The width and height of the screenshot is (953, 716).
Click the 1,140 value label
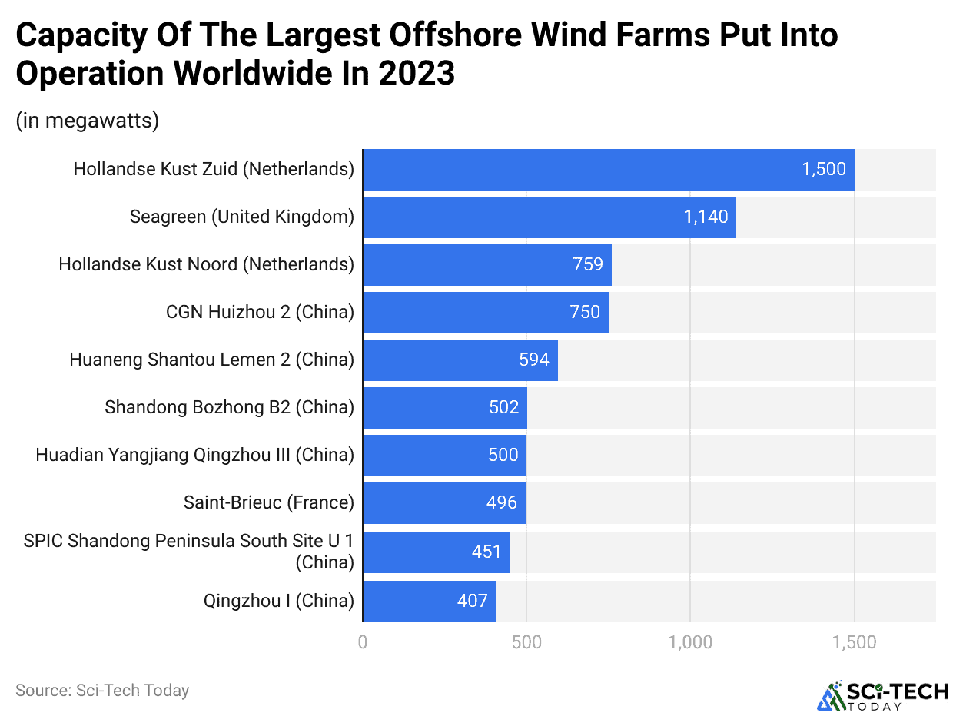706,217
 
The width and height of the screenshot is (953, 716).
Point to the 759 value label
588,265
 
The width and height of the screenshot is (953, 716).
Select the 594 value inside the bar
533,360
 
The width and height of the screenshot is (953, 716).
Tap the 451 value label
486,552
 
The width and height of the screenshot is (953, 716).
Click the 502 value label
504,408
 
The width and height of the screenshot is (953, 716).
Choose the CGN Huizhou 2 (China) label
260,312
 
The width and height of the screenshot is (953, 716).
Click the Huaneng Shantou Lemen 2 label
211,360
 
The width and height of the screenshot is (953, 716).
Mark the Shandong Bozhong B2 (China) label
229,407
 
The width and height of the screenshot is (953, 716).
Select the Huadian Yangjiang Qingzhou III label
194,455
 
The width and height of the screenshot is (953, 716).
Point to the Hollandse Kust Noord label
206,264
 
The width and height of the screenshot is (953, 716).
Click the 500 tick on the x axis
526,642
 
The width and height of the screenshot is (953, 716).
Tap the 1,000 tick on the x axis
690,642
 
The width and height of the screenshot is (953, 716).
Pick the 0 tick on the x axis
363,642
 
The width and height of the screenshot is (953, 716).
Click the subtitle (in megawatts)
87,121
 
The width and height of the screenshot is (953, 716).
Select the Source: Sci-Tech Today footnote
102,691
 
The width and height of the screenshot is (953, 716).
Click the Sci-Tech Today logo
882,694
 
